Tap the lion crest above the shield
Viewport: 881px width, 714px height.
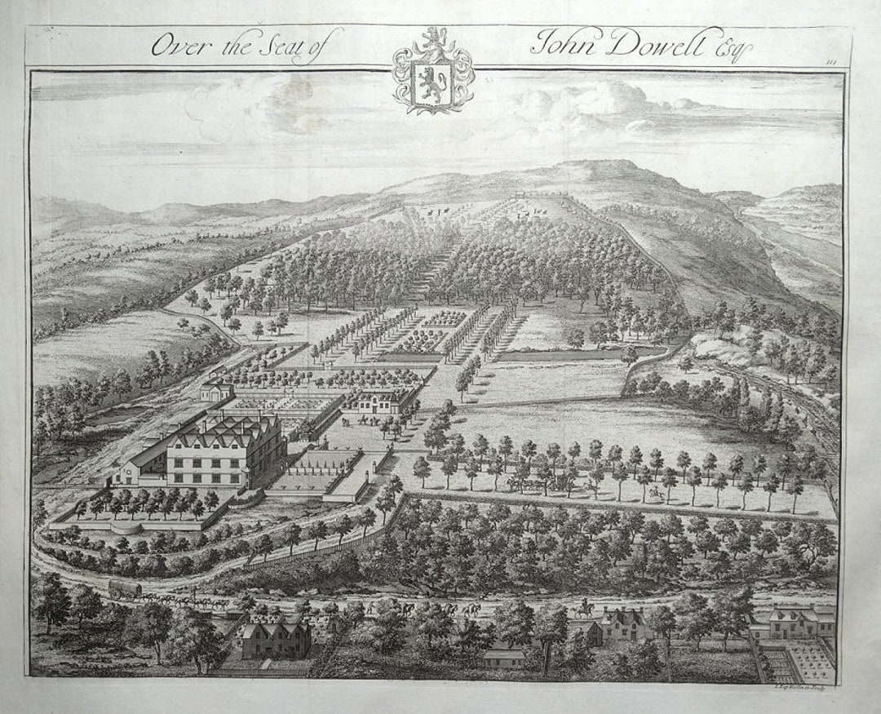[x=432, y=38]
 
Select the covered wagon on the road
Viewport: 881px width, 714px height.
[x=125, y=588]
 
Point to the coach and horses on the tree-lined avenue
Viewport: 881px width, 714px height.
[x=538, y=483]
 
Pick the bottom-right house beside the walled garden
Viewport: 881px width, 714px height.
[x=794, y=623]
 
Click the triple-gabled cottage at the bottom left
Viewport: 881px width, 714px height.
[x=276, y=636]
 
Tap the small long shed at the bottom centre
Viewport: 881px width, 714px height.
[x=504, y=658]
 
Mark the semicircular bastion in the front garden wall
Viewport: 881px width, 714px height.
[x=125, y=528]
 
